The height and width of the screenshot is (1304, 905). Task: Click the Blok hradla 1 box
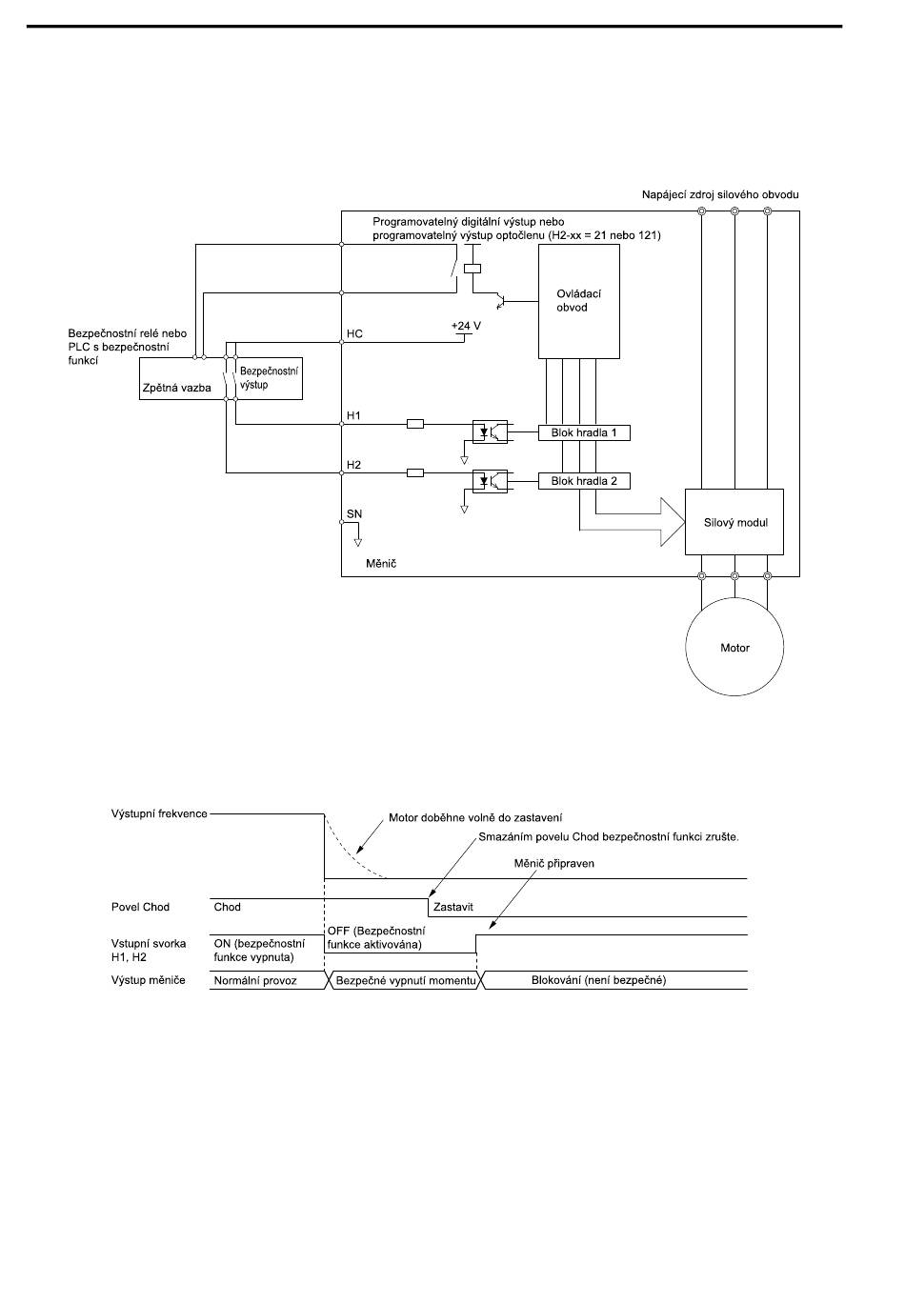[x=584, y=432]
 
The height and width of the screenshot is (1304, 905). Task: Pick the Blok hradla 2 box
[x=584, y=481]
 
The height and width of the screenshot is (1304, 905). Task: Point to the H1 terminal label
[x=353, y=415]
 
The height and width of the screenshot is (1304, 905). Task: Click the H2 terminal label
[x=353, y=465]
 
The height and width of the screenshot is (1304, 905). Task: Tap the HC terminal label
[x=354, y=333]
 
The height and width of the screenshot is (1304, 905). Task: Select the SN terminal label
[x=354, y=514]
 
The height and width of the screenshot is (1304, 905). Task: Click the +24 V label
[x=466, y=326]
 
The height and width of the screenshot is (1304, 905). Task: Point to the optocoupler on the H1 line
[x=490, y=431]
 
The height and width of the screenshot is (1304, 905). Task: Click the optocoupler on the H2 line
[x=490, y=481]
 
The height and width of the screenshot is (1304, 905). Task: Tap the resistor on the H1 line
[x=414, y=424]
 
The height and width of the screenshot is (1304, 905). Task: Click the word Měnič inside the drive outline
[x=381, y=564]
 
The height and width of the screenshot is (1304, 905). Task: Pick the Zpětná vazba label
[x=177, y=388]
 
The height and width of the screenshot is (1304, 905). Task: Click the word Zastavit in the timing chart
[x=453, y=907]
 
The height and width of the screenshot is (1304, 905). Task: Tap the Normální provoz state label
[x=255, y=980]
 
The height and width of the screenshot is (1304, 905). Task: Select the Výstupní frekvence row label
[x=159, y=813]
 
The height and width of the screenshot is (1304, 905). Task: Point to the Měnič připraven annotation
[x=553, y=863]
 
